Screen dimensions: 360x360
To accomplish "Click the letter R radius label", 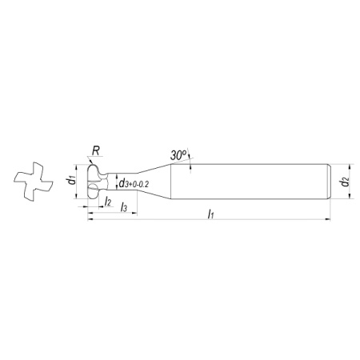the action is (x=96, y=151).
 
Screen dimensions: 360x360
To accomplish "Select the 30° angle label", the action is (x=178, y=155).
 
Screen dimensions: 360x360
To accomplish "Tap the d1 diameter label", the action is (x=71, y=181).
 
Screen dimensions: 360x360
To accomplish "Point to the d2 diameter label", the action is (x=346, y=182).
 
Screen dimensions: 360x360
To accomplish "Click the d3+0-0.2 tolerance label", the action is (x=134, y=183).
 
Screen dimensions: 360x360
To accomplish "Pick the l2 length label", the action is (x=108, y=202).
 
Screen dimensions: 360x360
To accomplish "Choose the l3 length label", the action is (x=124, y=207).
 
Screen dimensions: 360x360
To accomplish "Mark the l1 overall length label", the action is (x=211, y=214).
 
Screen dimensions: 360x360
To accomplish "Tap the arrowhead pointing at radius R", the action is (x=90, y=162).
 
